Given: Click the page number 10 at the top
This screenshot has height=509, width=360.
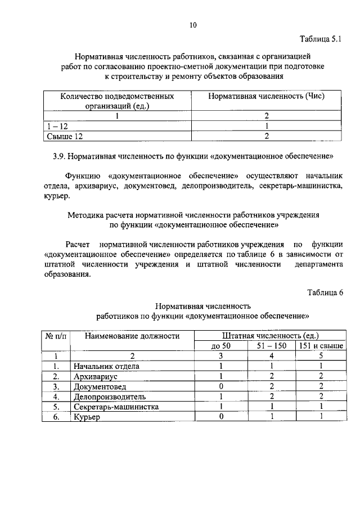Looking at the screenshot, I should click(x=193, y=25).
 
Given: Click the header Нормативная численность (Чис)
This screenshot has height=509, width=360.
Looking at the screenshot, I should click(x=267, y=96).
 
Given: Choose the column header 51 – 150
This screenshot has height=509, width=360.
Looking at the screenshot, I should click(x=272, y=346).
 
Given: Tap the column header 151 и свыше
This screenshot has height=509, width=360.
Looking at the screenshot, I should click(x=320, y=346).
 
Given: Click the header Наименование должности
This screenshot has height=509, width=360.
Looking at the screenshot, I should click(x=132, y=336).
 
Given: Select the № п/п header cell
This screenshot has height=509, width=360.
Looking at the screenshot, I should click(x=56, y=336).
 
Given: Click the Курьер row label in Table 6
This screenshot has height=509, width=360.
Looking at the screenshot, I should click(x=86, y=417).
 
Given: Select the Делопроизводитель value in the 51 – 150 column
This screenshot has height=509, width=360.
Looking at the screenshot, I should click(x=272, y=397).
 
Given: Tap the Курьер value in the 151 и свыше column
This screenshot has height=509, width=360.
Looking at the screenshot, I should click(x=320, y=417).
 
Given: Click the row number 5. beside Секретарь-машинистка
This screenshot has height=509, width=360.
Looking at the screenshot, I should click(x=56, y=407).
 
